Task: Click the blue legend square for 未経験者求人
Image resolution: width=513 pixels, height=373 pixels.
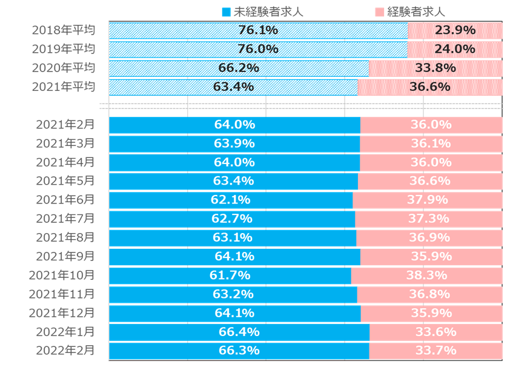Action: [x=227, y=12]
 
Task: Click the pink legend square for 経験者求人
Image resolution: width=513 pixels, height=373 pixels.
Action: [x=379, y=12]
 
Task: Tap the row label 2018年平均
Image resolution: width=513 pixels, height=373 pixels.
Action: [x=64, y=30]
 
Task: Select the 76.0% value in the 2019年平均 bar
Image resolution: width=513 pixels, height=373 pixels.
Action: [x=258, y=49]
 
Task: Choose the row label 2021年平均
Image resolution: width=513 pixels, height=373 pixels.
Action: [x=64, y=87]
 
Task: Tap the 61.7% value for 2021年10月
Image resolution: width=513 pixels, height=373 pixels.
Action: [x=230, y=276]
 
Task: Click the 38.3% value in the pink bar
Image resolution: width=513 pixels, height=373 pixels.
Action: [x=426, y=276]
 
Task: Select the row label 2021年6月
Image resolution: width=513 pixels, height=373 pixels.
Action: [x=65, y=199]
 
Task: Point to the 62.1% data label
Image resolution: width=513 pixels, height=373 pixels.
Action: [x=231, y=200]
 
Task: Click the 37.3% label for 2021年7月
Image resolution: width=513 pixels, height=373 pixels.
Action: [x=428, y=219]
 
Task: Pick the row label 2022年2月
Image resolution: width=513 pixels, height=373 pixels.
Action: [x=65, y=350]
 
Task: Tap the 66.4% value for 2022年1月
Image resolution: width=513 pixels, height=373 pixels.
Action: [x=239, y=332]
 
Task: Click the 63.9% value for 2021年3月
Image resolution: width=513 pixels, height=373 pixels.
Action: [x=234, y=144]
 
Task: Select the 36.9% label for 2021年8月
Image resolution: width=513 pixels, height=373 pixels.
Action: [x=429, y=237]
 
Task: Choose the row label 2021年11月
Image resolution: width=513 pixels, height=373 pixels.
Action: [x=62, y=294]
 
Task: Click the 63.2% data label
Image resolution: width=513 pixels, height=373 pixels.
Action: [x=233, y=294]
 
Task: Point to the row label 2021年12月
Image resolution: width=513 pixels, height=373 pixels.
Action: [x=62, y=313]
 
